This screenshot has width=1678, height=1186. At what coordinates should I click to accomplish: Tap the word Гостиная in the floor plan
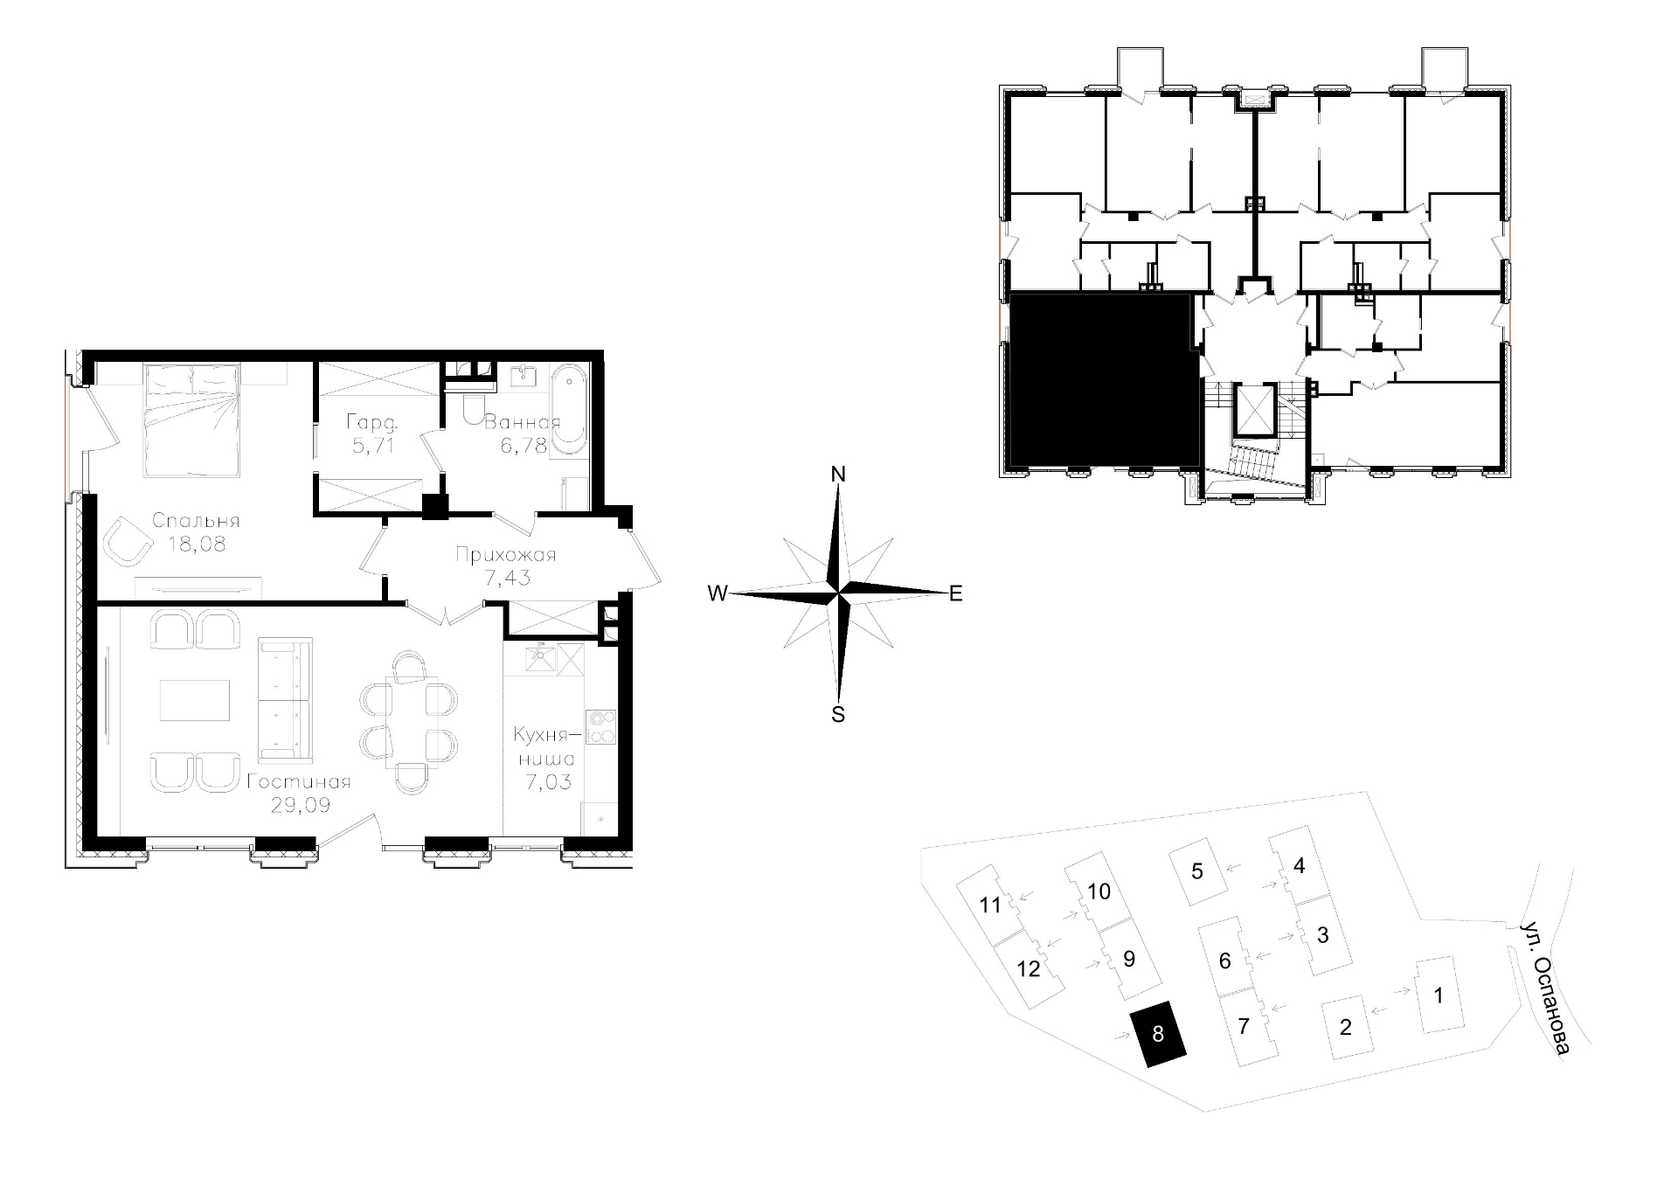coord(298,781)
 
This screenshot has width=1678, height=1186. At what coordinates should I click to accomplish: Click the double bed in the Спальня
coord(192,420)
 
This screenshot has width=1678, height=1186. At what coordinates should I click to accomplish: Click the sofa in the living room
coord(285,699)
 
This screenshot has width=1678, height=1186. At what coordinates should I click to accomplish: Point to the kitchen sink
coord(542,656)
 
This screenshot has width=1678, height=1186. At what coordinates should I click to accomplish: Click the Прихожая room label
coord(506,555)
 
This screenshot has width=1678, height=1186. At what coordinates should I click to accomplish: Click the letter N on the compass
coord(838,475)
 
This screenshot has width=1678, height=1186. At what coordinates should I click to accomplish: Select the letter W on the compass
coord(718,593)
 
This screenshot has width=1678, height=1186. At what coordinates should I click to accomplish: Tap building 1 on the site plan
coord(1439,995)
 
